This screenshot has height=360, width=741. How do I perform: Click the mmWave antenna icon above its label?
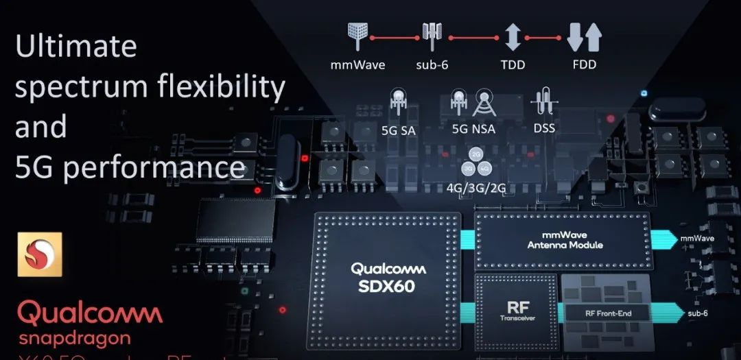[x=356, y=36]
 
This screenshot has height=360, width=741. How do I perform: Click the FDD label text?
[x=585, y=65]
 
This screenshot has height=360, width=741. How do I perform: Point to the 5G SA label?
[x=398, y=128]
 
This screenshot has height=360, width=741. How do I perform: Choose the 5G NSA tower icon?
[x=483, y=103]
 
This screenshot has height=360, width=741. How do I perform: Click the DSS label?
[x=543, y=128]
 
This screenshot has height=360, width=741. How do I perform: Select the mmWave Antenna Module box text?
[x=562, y=240]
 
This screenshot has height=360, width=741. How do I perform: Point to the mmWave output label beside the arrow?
[x=698, y=239]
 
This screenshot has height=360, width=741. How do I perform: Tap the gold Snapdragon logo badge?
[x=40, y=254]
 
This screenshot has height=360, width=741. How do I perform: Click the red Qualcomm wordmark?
[x=90, y=313]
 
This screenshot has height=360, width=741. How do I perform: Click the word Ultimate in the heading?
[x=75, y=47]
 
